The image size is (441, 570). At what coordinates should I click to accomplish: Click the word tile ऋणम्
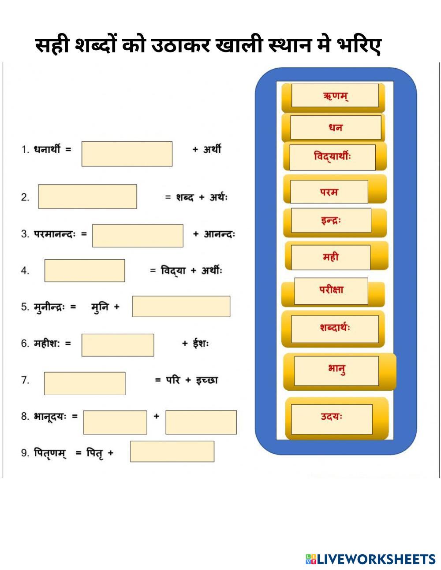(335, 96)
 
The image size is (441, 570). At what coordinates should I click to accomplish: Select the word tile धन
(335, 128)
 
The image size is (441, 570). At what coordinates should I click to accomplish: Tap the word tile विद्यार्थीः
(333, 157)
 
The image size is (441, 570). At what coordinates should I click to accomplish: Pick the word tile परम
(329, 192)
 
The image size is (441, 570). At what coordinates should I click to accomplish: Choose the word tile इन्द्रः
(331, 220)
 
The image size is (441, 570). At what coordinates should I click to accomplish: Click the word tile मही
(330, 257)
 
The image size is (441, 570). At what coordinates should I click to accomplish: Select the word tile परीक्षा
(331, 290)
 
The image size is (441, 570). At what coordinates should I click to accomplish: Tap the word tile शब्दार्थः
(335, 329)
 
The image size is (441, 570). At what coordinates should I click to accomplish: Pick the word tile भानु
(336, 370)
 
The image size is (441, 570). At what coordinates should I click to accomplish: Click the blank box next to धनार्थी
(127, 154)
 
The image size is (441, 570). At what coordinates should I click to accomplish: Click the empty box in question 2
(87, 196)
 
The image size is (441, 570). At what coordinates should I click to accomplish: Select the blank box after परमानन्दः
(138, 236)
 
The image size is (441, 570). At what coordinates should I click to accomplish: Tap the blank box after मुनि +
(181, 306)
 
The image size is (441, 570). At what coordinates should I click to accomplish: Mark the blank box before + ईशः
(118, 345)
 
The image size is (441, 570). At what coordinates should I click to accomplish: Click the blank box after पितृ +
(172, 452)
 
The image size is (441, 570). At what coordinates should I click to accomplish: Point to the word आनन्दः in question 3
(219, 234)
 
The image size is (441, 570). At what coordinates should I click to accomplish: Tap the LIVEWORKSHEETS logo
(370, 559)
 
